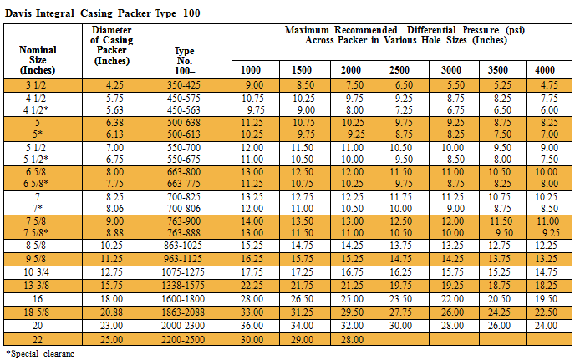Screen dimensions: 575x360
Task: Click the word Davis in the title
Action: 18,13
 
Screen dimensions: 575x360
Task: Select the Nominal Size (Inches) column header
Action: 38,60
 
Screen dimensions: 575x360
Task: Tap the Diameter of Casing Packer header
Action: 112,45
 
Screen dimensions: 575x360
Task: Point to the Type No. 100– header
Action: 184,60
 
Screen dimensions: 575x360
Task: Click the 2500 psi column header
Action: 399,69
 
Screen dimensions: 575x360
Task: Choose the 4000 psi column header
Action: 545,69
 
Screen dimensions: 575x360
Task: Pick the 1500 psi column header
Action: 301,69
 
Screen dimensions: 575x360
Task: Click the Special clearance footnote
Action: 40,354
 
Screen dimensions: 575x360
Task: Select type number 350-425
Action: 184,85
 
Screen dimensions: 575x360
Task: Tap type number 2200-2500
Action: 183,339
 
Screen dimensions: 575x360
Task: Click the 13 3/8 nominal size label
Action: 37,285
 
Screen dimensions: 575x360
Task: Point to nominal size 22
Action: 38,339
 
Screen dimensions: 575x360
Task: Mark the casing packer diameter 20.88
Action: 111,312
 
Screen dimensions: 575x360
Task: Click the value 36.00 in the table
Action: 252,326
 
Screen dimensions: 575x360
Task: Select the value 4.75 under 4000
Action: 549,85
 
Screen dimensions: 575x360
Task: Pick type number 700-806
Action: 184,209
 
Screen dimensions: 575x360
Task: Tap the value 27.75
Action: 400,312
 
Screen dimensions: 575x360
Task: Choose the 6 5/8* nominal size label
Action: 36,183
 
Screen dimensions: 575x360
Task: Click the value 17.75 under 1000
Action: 252,272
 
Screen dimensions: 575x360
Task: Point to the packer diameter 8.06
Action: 114,209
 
